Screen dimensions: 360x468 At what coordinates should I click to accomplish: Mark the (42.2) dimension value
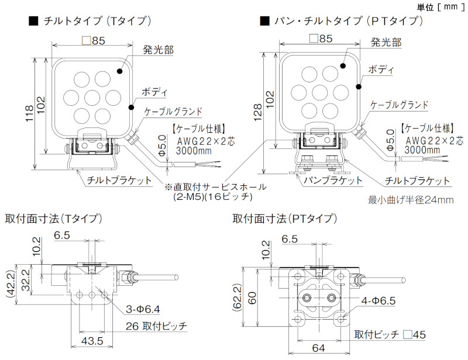(9, 285)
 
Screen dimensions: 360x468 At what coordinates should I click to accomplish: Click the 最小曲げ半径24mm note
(411, 200)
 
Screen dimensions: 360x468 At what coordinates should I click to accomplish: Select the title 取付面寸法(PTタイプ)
(285, 219)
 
